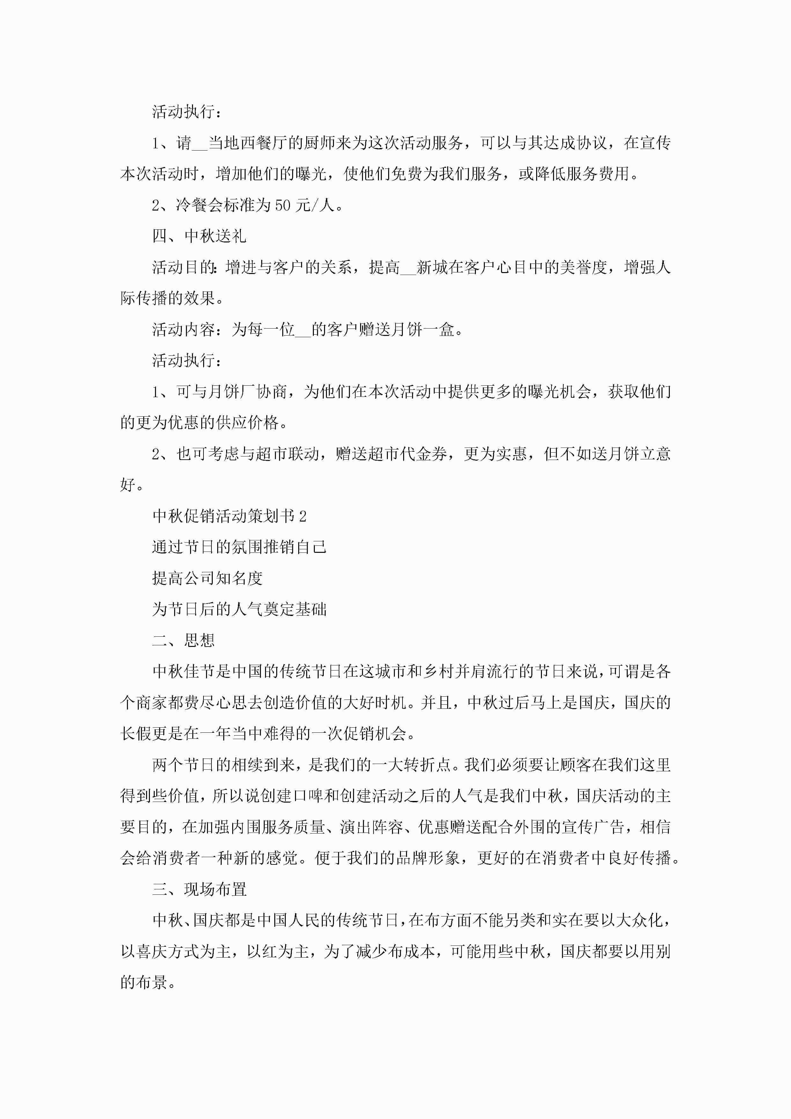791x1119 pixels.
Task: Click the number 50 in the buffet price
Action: pyautogui.click(x=283, y=205)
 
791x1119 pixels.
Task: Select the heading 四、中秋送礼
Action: pyautogui.click(x=199, y=236)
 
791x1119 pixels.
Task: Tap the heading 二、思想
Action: pyautogui.click(x=183, y=641)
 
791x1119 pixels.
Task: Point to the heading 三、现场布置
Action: pyautogui.click(x=199, y=889)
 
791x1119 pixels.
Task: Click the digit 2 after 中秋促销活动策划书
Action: pyautogui.click(x=303, y=516)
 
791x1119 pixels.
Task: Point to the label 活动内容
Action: pyautogui.click(x=183, y=330)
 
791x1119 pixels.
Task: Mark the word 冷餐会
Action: pyautogui.click(x=199, y=205)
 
